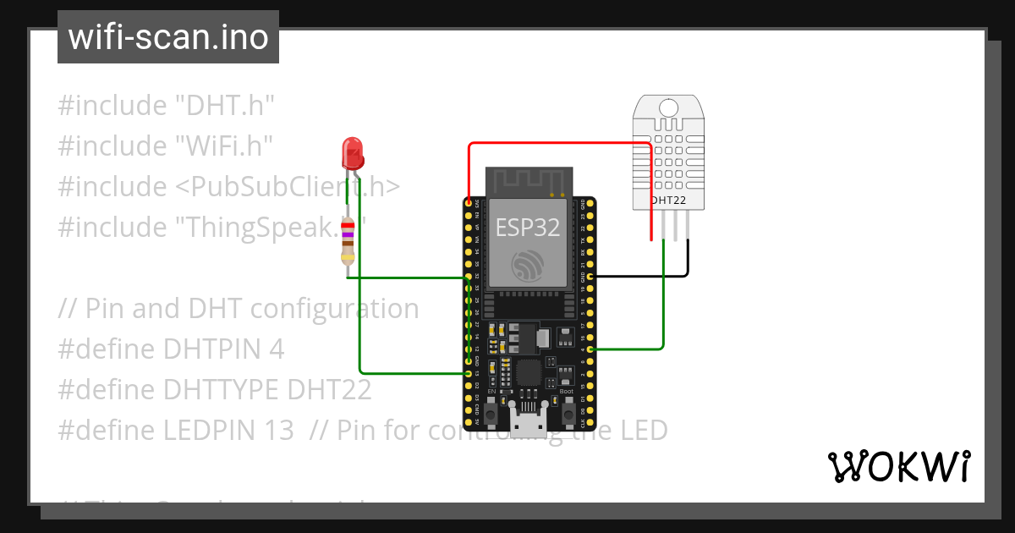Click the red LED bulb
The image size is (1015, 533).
351,152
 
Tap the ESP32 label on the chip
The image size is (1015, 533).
528,227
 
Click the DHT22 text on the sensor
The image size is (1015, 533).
668,201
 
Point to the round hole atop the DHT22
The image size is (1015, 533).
668,107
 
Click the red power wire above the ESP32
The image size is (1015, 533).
558,143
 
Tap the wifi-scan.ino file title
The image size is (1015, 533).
167,37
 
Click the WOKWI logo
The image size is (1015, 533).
898,466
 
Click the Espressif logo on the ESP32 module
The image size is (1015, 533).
529,266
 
